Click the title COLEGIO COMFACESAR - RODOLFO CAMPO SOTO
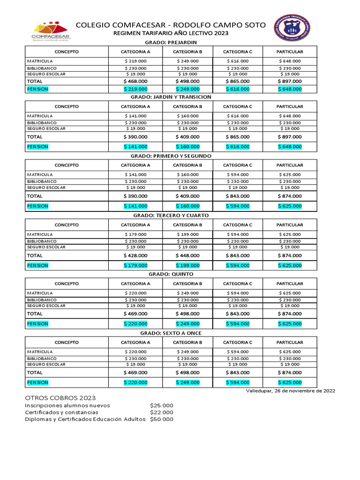(x=170, y=25)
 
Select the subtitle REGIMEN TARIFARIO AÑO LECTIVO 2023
(x=170, y=34)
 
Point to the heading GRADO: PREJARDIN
(x=170, y=43)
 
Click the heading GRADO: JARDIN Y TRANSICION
(x=170, y=97)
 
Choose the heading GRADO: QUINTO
(x=170, y=274)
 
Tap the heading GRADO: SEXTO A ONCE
(x=170, y=333)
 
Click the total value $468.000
(x=135, y=81)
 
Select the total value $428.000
(x=135, y=255)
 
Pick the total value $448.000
(x=187, y=255)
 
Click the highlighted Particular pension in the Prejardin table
(x=290, y=89)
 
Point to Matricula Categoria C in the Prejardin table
(x=238, y=61)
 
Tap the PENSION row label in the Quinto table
(x=37, y=324)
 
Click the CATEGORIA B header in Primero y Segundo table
(x=187, y=165)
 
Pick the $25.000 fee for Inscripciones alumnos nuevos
(x=162, y=405)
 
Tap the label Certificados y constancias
(x=61, y=412)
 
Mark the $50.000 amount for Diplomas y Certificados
(x=162, y=419)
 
